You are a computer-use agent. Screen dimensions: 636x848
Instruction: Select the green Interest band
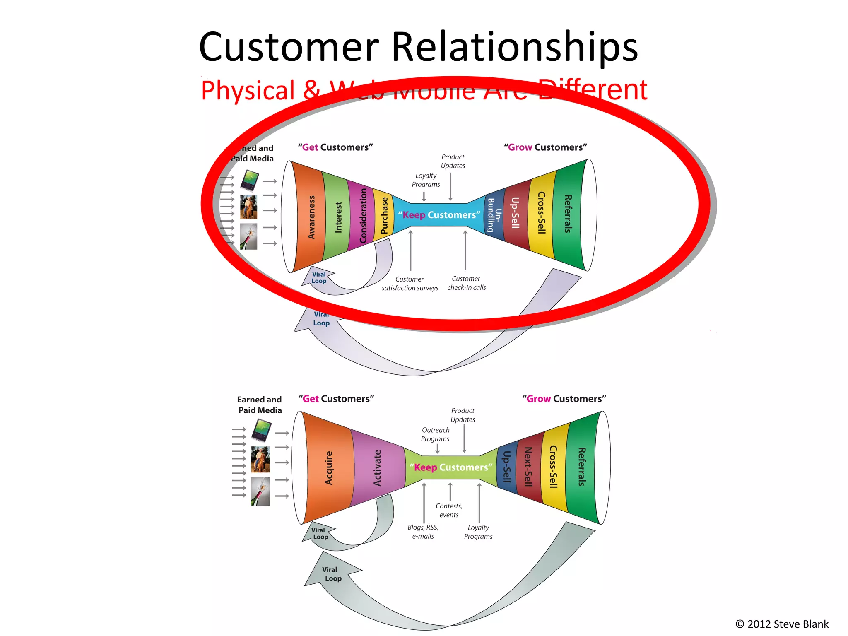coord(338,217)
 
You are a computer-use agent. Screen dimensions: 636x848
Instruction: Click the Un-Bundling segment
coord(494,214)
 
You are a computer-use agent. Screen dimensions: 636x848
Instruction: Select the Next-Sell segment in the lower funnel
coord(528,467)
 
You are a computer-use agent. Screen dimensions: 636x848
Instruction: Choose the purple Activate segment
coord(377,468)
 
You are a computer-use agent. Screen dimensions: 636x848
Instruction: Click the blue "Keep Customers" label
coord(439,215)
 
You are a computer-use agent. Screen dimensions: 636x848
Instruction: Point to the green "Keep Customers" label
coord(451,467)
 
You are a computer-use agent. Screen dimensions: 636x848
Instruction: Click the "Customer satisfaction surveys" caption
coord(410,284)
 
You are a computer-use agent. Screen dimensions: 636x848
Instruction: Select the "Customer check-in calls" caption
coord(467,283)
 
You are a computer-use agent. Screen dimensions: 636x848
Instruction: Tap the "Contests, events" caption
coord(449,511)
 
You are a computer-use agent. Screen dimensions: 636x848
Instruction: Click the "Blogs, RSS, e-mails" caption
coord(423,532)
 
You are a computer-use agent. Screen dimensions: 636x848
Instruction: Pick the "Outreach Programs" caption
coord(435,434)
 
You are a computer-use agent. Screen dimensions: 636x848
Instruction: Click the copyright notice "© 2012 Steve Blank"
coord(782,624)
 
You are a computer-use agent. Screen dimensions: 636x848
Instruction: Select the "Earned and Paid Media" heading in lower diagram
coord(260,405)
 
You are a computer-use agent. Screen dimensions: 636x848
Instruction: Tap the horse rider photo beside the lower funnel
coord(260,460)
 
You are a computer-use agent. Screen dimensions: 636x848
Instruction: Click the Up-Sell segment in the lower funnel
coord(507,467)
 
